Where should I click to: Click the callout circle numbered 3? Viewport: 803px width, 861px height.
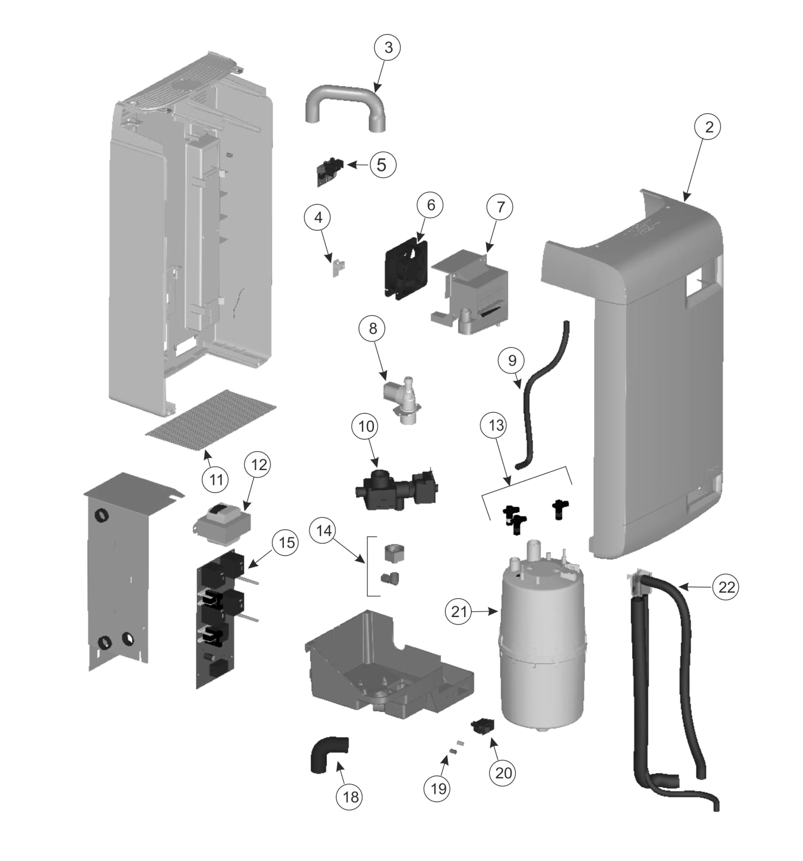[388, 48]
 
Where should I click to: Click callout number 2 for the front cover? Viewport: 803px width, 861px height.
[709, 127]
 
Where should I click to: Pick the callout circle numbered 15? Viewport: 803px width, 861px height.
[286, 542]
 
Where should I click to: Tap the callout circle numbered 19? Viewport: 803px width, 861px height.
[438, 789]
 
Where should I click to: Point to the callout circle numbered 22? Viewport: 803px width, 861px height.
[726, 587]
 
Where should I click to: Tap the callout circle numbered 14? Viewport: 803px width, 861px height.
[324, 531]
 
